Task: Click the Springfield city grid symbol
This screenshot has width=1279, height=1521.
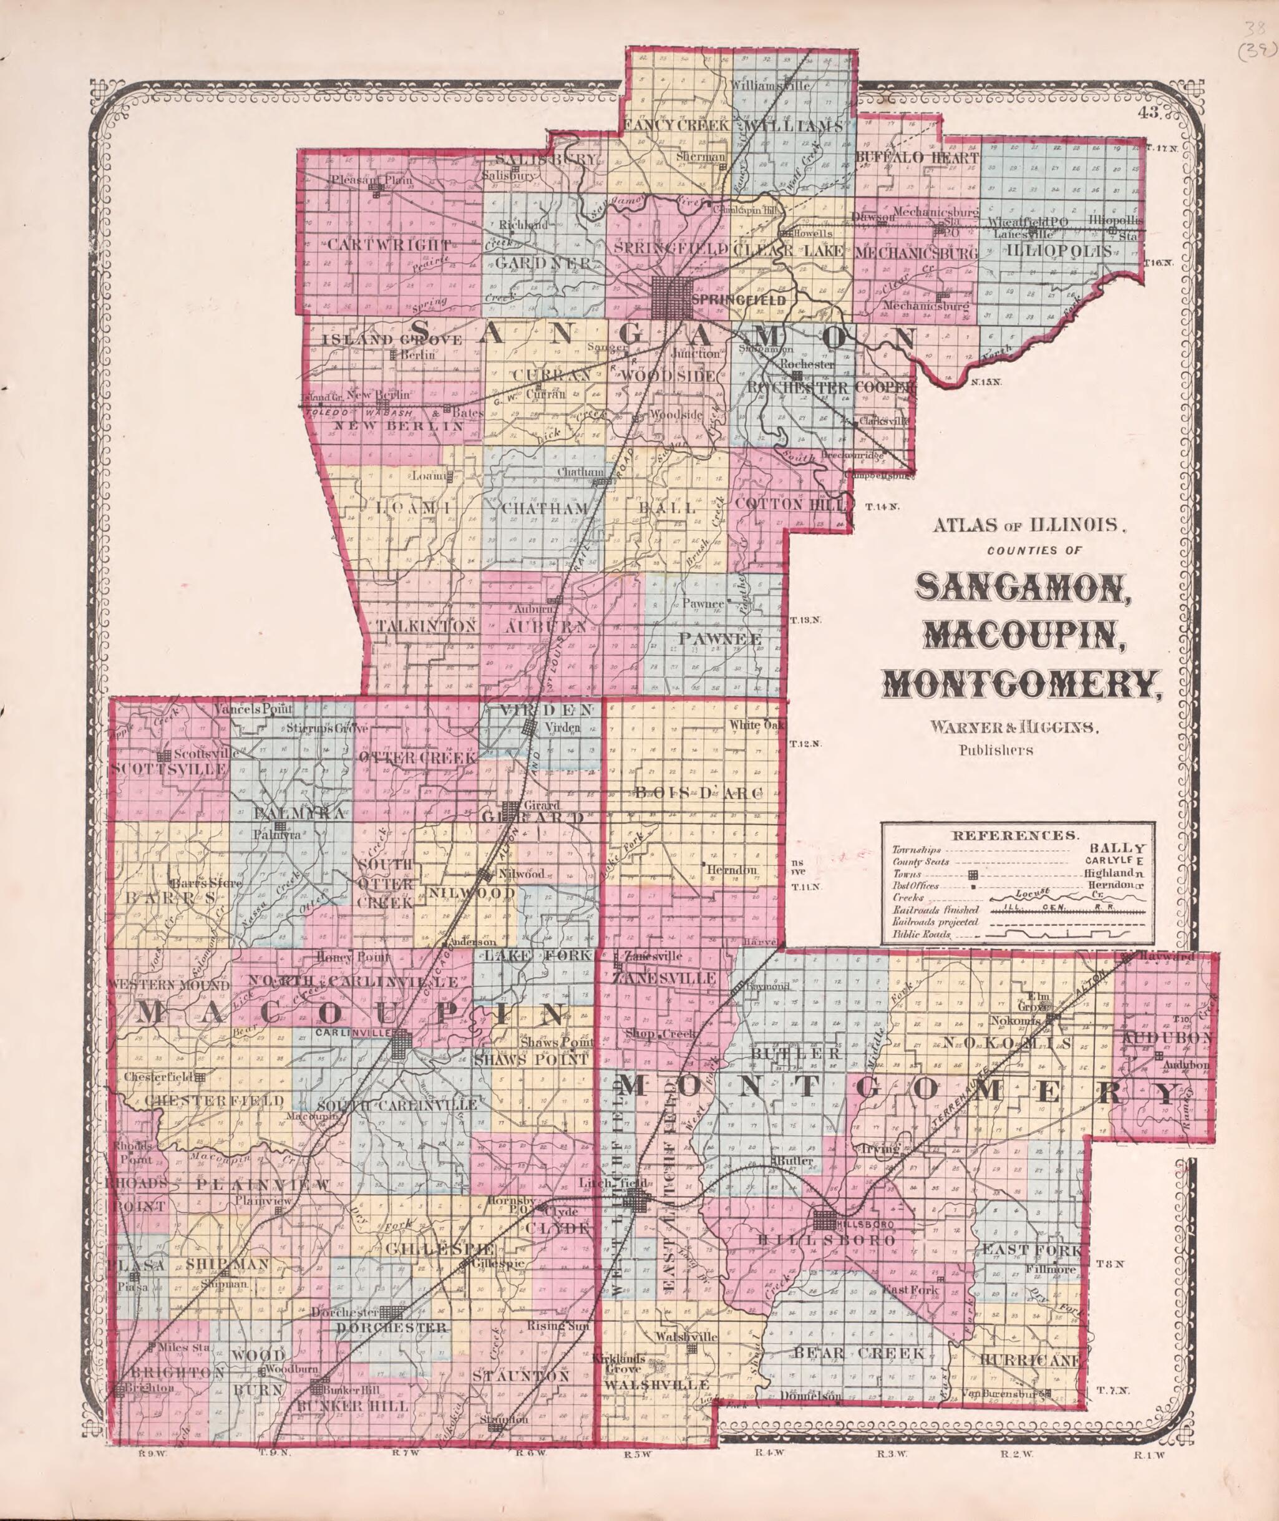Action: click(671, 297)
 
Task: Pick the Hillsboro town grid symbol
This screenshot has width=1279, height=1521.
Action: click(824, 1221)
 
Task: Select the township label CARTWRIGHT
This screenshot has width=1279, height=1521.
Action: click(389, 245)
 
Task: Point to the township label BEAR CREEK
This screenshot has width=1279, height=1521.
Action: click(858, 1353)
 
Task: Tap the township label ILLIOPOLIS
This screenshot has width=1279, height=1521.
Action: click(1059, 251)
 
